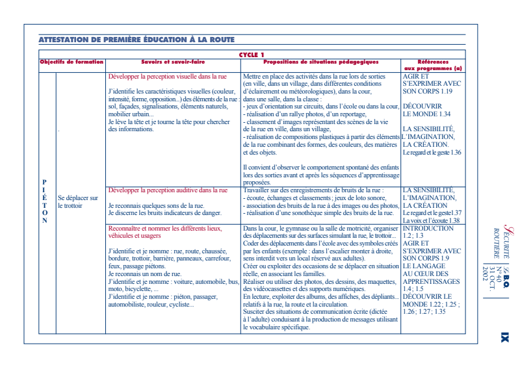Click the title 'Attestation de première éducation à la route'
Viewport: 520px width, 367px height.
point(136,40)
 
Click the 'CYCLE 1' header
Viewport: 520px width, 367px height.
point(252,55)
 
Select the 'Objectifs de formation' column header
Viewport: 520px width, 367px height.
point(71,62)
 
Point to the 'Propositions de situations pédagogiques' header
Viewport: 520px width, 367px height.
point(320,62)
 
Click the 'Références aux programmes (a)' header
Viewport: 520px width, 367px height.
point(432,64)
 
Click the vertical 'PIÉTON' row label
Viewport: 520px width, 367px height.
point(44,201)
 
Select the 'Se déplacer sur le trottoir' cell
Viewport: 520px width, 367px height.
point(78,201)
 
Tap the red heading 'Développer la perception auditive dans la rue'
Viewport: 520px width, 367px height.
point(168,190)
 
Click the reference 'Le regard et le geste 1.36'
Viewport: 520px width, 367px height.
point(432,153)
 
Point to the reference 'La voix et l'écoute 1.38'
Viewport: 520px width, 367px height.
point(431,220)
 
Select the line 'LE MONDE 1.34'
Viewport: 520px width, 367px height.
point(426,114)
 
